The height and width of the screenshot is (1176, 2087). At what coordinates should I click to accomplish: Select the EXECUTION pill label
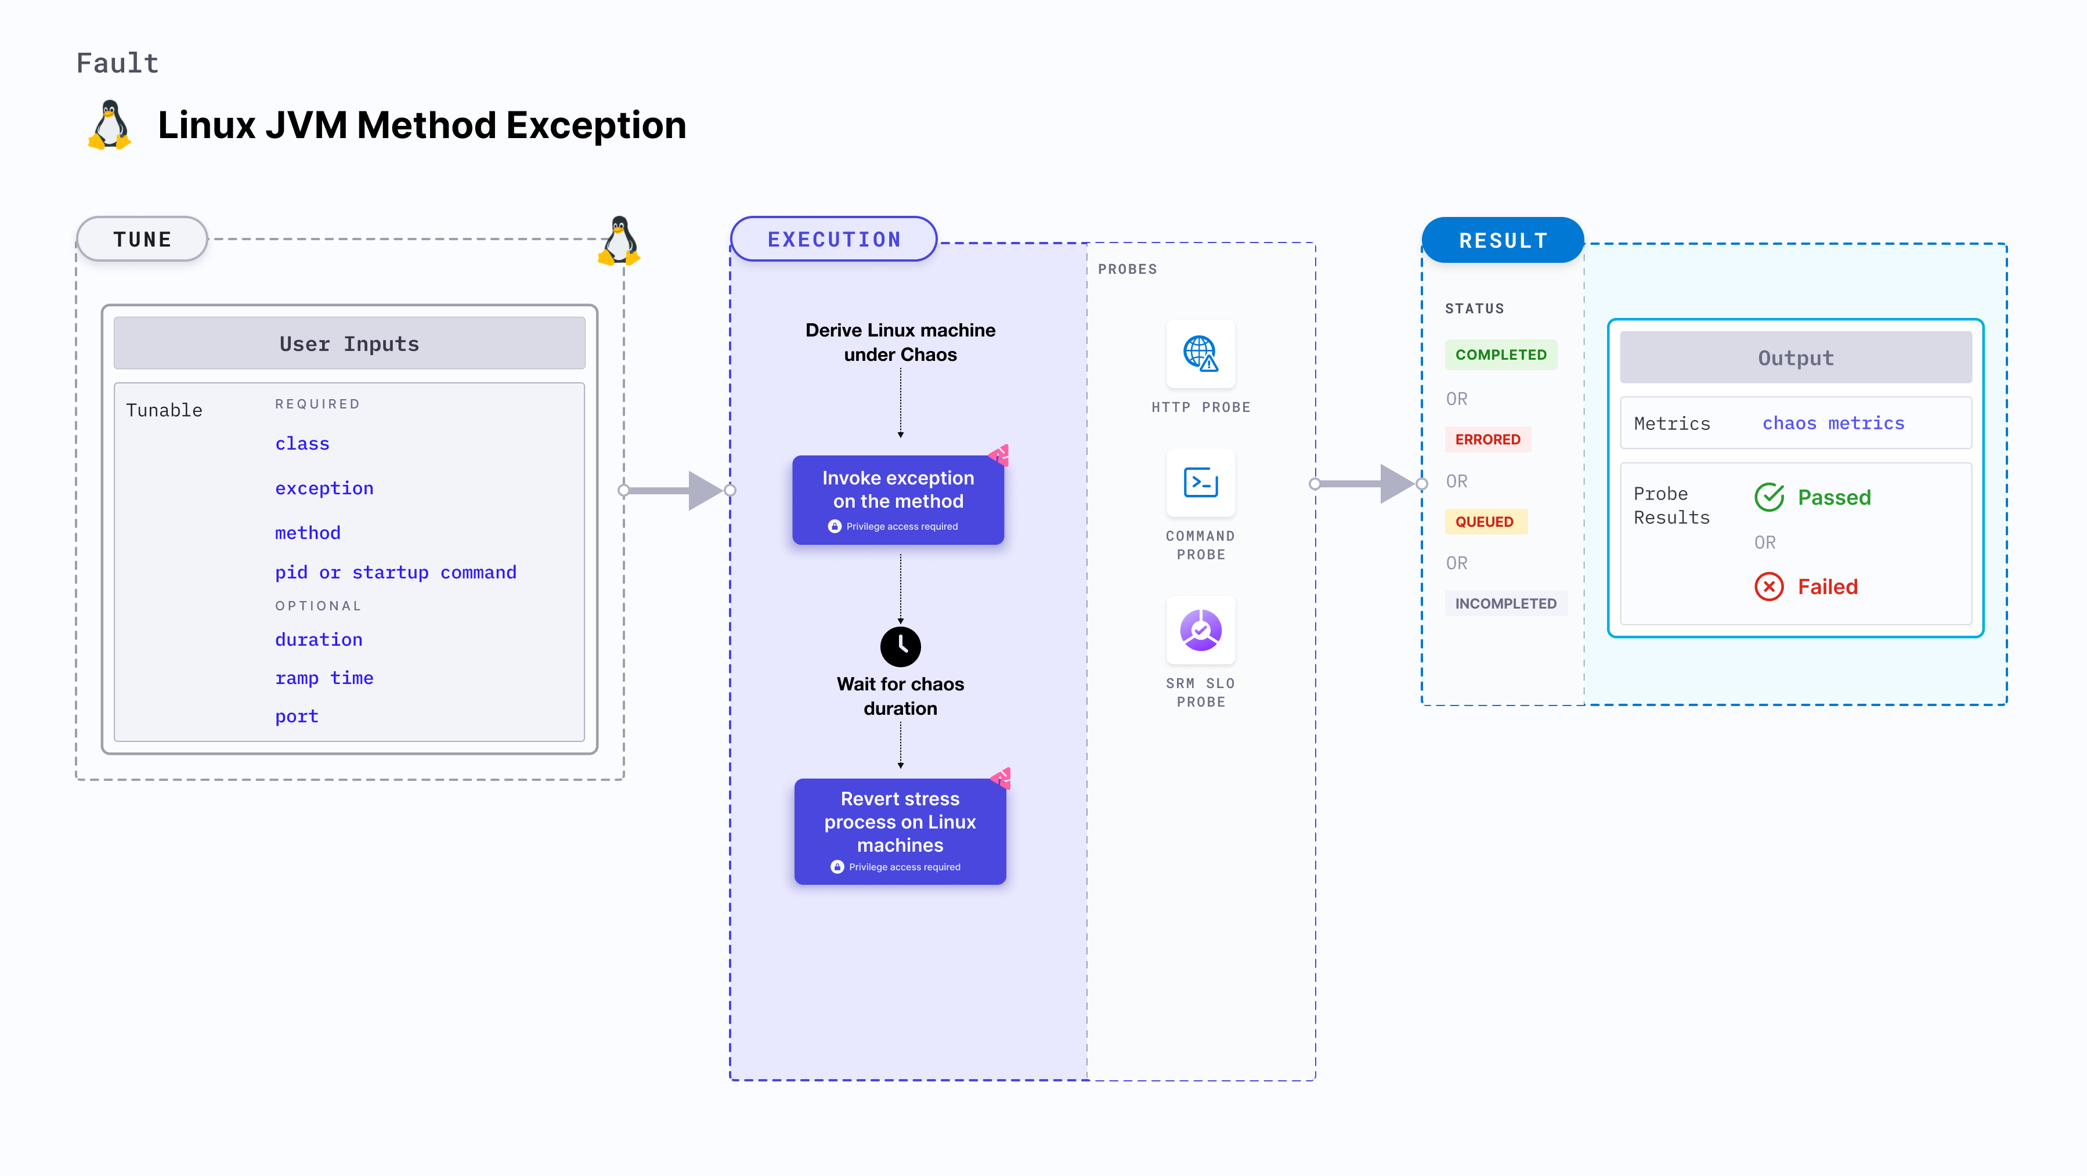pos(833,240)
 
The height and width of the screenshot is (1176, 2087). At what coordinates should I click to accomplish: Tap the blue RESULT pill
pos(1503,241)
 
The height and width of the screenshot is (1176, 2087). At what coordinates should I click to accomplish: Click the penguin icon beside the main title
pos(109,125)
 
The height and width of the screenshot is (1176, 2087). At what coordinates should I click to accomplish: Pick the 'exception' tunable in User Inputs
pos(324,489)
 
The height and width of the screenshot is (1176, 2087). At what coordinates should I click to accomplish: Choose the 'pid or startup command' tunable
pos(395,573)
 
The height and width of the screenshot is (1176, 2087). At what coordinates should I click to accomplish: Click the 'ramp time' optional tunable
pos(324,678)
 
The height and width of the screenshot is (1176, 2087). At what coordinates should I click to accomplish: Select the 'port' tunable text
pos(297,717)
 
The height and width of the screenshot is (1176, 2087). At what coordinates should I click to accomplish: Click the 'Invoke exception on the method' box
pos(898,500)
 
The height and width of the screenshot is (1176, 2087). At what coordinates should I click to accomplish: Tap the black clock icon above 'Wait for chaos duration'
pos(900,646)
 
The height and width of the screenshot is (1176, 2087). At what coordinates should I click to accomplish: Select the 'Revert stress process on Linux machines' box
pos(900,831)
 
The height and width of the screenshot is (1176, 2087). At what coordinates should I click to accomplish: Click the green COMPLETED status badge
pos(1500,354)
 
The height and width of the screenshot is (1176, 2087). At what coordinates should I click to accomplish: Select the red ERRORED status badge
pos(1487,440)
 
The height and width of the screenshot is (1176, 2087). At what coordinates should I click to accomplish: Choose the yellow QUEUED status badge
pos(1484,522)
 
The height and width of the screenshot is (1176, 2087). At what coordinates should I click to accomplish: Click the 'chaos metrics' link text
pos(1833,424)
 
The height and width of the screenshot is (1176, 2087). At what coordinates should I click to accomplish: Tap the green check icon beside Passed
pos(1768,497)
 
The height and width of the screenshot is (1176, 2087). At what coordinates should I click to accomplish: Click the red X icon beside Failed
pos(1768,587)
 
